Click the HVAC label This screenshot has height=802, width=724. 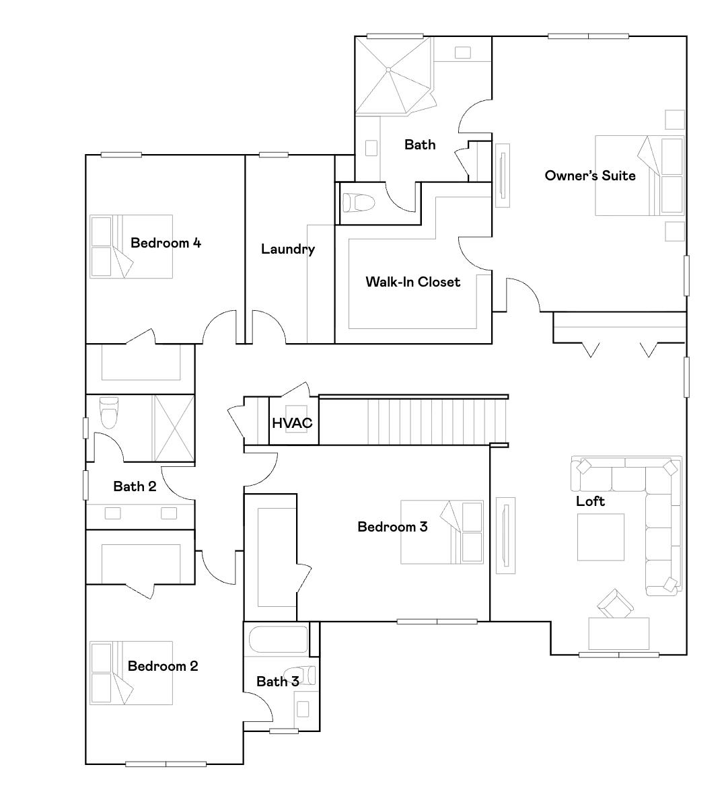[x=291, y=423]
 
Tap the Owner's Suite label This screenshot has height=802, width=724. [x=589, y=176]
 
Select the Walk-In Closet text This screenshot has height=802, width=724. [x=412, y=282]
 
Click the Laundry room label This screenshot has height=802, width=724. [x=288, y=249]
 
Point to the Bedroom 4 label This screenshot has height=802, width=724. [x=166, y=243]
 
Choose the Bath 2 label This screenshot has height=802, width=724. [x=135, y=486]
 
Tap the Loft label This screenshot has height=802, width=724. [x=590, y=501]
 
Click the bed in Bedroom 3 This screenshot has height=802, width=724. [x=441, y=532]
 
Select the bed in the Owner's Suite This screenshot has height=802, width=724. [x=639, y=176]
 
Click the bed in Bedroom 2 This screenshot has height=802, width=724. [x=132, y=673]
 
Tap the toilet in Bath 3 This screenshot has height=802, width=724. [x=299, y=675]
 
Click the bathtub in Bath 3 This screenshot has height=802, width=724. [x=278, y=640]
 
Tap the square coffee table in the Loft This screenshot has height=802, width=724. [x=600, y=538]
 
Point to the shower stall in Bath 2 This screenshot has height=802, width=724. [x=174, y=428]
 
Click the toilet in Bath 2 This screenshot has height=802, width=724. [x=108, y=412]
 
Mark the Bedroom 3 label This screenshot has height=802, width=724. [x=392, y=527]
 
